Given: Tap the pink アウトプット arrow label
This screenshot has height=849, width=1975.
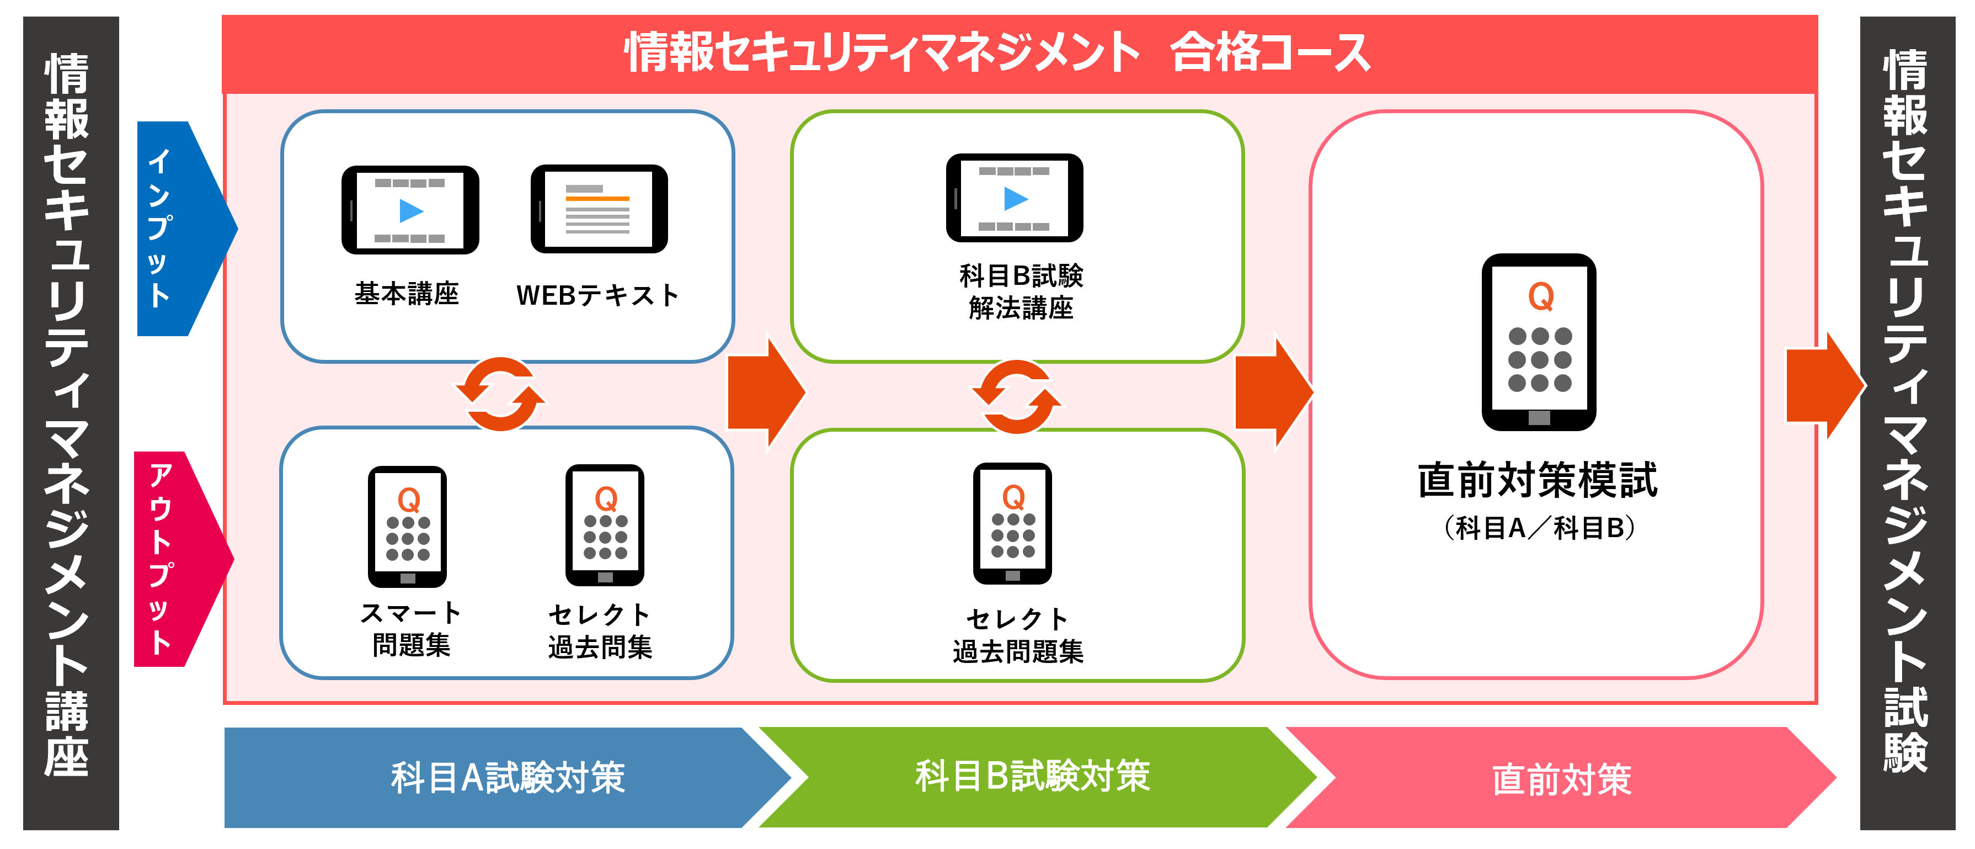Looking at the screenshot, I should (x=161, y=558).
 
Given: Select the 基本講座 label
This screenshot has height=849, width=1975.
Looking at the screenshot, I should (x=407, y=294).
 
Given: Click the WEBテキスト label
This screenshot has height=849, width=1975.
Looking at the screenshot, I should (x=597, y=295).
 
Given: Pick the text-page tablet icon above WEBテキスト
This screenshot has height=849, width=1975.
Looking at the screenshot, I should (x=599, y=209).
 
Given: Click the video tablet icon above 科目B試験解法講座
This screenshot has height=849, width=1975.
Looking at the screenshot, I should (x=1015, y=198).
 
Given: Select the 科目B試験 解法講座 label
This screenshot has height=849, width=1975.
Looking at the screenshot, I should (x=1021, y=291).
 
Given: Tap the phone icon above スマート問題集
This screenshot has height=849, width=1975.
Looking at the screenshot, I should (x=407, y=526).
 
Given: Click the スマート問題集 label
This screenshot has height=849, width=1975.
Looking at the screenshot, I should (x=410, y=629).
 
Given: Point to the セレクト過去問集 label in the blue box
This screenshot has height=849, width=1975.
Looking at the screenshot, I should (x=600, y=630).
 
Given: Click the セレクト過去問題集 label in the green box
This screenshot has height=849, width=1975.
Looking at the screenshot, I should (x=1017, y=635).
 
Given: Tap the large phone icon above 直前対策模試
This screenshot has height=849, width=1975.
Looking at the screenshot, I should (x=1539, y=342).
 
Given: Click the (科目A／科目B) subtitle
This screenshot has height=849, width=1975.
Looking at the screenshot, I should (x=1539, y=528).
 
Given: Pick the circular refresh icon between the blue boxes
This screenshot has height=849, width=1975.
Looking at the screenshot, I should (x=501, y=394).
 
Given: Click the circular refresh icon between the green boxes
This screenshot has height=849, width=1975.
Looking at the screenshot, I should (x=1017, y=396).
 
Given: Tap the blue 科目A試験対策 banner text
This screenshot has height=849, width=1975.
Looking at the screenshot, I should (x=508, y=778).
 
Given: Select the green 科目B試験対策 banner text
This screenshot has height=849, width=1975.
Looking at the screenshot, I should (x=1032, y=776).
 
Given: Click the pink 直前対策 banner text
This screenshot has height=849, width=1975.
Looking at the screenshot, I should (x=1561, y=779).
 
